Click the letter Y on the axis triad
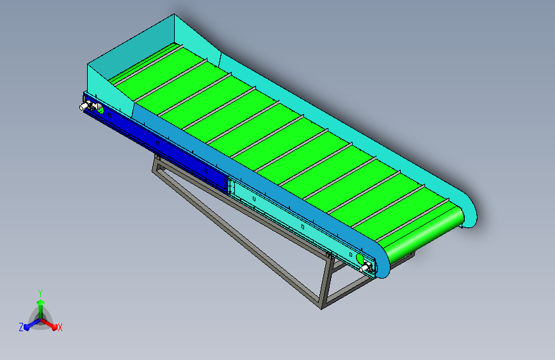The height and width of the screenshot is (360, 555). [40, 292]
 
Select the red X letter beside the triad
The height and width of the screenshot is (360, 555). [60, 327]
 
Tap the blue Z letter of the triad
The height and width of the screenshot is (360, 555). [21, 327]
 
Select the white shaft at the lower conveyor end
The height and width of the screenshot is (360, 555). [367, 268]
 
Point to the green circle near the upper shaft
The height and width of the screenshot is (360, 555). [100, 109]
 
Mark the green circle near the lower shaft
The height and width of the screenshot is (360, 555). [360, 259]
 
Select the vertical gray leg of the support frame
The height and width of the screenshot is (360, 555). [327, 282]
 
